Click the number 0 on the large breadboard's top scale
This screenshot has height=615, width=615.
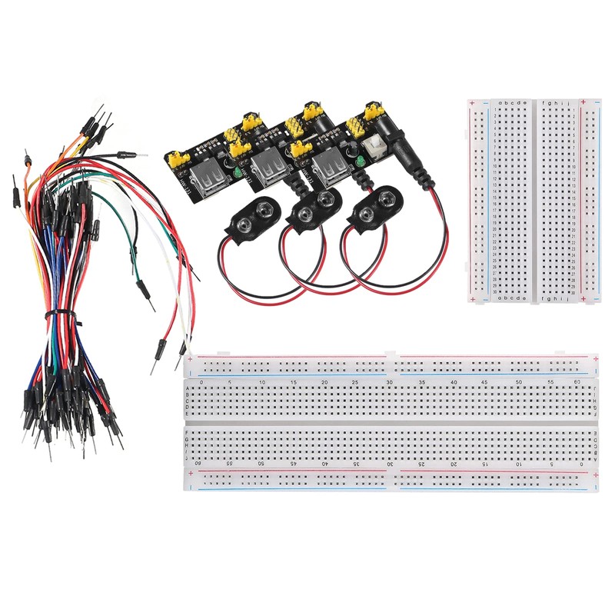[201, 382]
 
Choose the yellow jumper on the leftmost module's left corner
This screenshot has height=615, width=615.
[178, 159]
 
